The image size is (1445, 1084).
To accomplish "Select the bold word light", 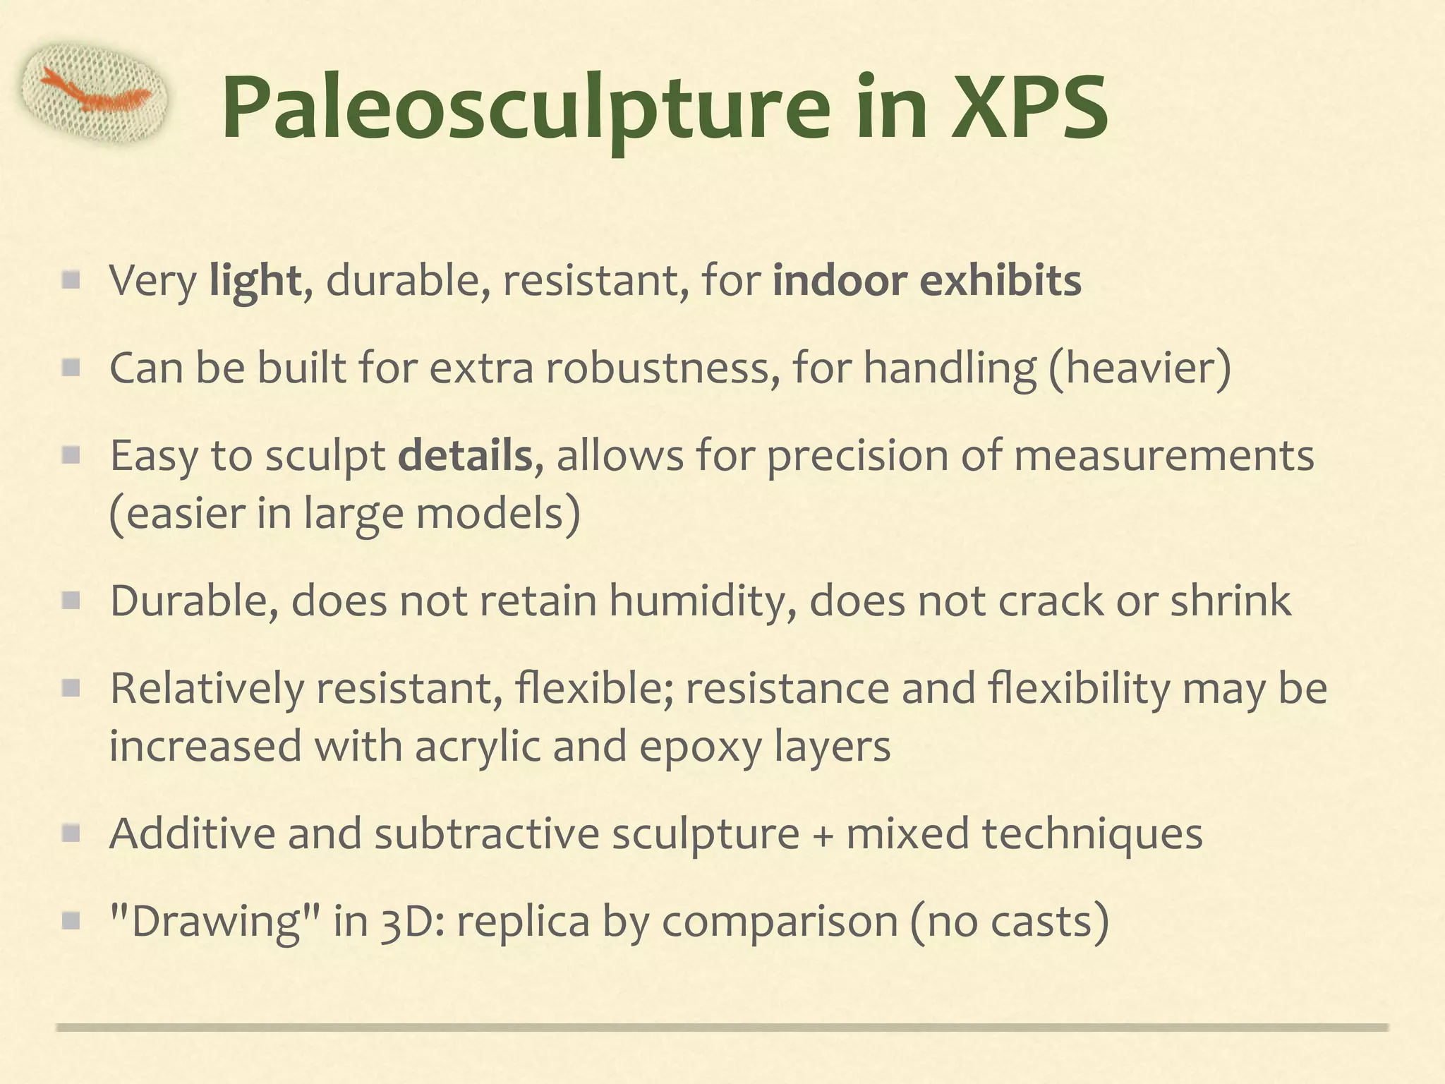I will tap(255, 281).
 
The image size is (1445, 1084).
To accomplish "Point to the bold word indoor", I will tap(840, 281).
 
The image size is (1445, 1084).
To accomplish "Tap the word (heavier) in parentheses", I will tap(1139, 368).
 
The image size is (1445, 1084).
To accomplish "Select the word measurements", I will tap(1164, 456).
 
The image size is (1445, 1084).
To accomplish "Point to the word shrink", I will tap(1231, 601).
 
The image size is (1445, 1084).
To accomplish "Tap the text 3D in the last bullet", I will tap(406, 922).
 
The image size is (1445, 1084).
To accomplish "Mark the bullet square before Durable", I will tap(71, 601).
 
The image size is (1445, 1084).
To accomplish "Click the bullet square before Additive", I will tap(71, 834).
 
